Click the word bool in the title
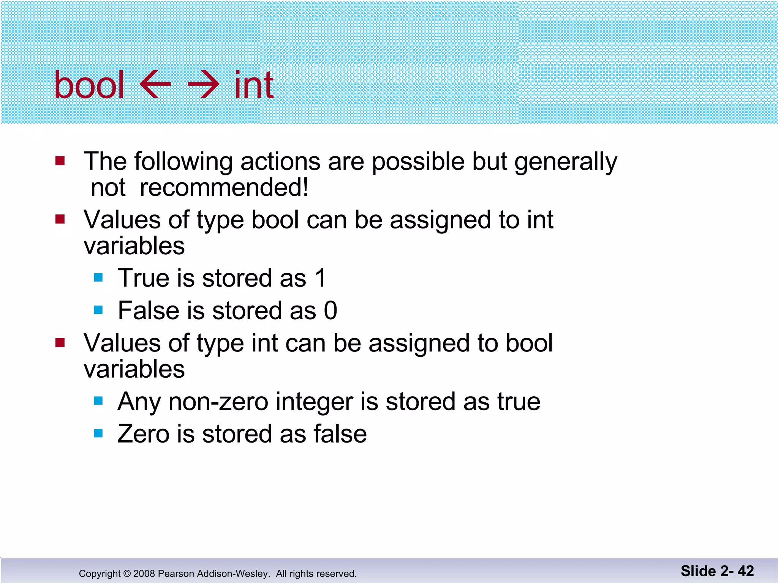(89, 85)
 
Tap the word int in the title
(254, 85)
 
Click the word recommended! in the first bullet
(224, 188)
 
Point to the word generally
(565, 162)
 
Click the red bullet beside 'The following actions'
(60, 161)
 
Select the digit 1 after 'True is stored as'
(321, 278)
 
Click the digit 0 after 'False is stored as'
(330, 310)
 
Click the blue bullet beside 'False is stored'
(98, 310)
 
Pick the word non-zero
(218, 402)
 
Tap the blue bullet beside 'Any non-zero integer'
(98, 401)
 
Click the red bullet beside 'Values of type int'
(60, 343)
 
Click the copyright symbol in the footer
(127, 574)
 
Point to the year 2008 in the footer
(144, 574)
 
